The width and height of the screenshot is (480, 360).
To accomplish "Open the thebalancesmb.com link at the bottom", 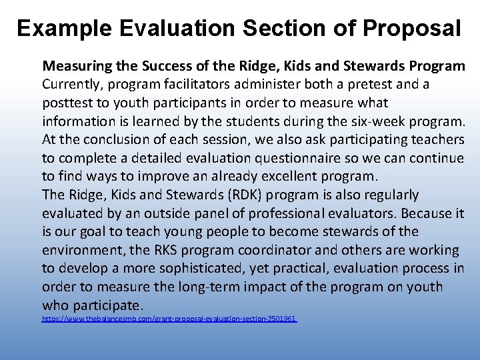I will coord(169,319).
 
